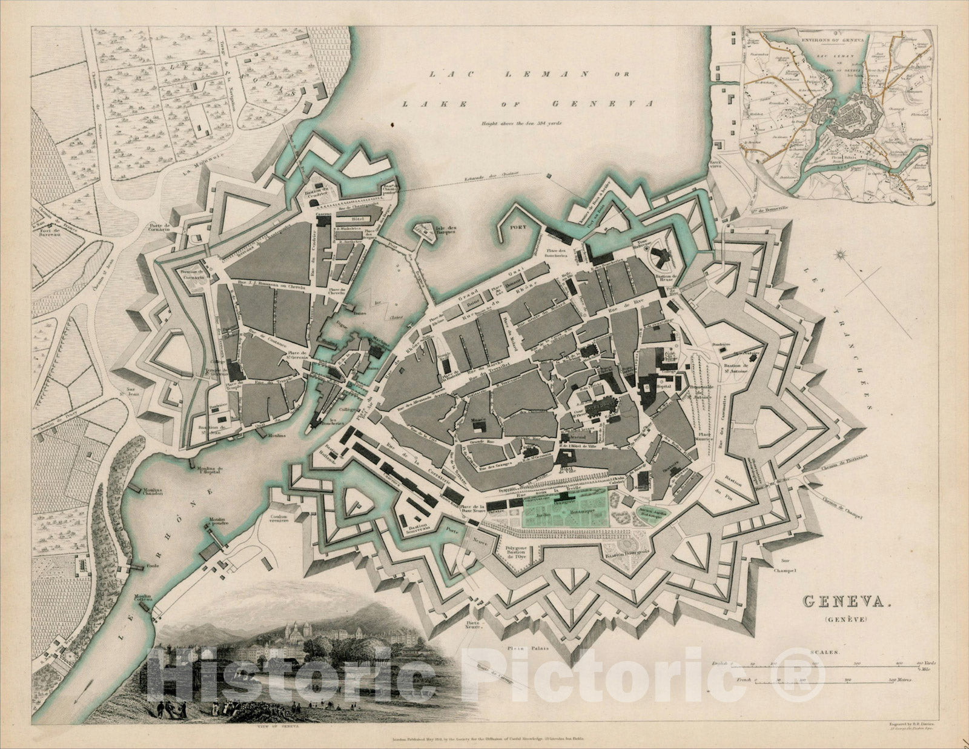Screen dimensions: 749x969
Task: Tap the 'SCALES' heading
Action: coord(825,653)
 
